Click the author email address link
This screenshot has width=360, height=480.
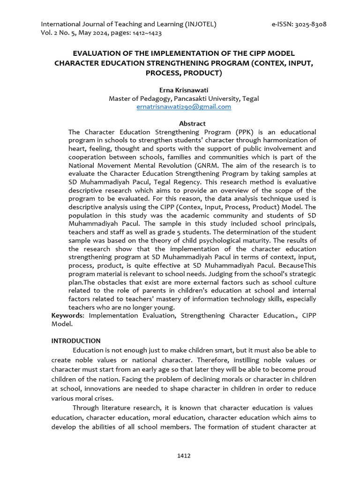click(184, 107)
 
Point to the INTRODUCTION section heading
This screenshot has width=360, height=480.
click(75, 341)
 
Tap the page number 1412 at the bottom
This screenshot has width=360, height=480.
click(184, 456)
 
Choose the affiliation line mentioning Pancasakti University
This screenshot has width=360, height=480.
click(183, 98)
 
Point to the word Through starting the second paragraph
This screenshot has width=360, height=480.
click(87, 408)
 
